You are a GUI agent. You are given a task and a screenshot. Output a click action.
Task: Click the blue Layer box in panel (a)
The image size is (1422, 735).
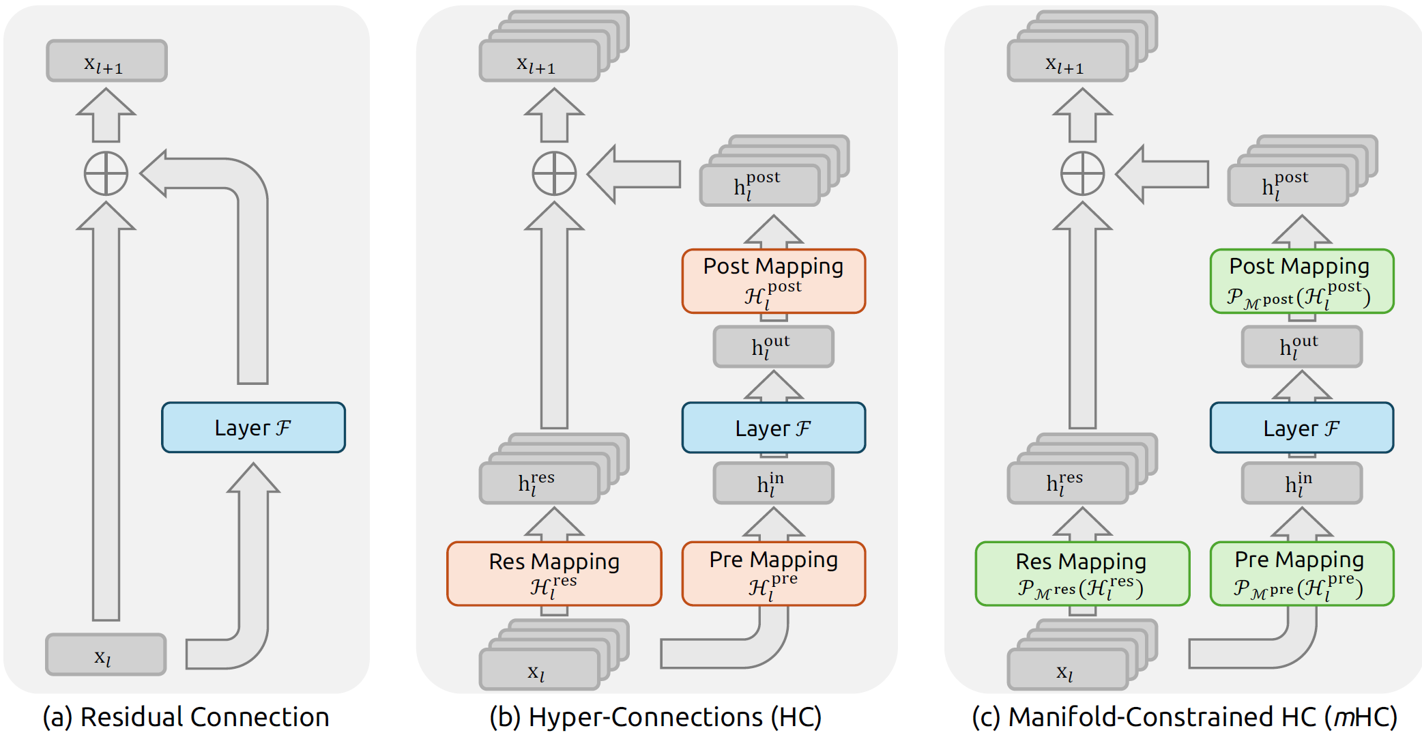coord(253,427)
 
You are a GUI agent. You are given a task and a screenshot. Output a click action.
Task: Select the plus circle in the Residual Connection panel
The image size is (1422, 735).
coord(106,173)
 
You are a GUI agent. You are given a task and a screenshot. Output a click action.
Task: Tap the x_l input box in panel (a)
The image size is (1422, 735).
coord(106,655)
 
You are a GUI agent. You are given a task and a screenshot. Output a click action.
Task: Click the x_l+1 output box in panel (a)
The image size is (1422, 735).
coord(106,61)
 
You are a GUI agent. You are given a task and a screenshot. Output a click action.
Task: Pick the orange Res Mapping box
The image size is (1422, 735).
coord(554,574)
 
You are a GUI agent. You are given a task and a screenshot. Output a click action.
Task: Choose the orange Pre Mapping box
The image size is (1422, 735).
coord(773,574)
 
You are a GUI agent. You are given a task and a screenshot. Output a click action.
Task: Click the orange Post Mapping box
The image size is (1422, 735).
coord(773,281)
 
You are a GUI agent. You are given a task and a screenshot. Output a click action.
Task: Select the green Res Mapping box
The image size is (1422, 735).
coord(1082,574)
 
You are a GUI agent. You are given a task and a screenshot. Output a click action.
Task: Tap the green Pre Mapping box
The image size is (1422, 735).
coord(1301,574)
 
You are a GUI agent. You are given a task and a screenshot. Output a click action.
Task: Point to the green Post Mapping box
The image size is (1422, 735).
coord(1301,281)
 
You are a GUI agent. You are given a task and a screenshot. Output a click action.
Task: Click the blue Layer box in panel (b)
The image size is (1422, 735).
coord(773,428)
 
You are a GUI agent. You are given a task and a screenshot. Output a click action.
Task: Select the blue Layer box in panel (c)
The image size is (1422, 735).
coord(1301,428)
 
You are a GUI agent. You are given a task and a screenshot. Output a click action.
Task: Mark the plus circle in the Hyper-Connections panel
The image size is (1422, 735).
coord(554,173)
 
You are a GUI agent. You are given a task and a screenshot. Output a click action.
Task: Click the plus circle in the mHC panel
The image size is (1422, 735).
coord(1082,173)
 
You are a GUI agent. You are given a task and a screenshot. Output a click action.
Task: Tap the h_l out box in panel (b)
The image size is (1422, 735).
coord(773,347)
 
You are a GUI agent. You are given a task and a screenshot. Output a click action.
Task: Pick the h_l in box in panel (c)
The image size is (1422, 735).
coord(1301,483)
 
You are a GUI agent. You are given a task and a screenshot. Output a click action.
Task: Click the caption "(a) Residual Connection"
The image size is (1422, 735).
coord(186,717)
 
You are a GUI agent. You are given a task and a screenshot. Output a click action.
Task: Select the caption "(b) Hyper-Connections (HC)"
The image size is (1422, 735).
coord(655,717)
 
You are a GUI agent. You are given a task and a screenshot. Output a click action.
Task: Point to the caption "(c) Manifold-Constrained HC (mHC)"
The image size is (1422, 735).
coord(1184,717)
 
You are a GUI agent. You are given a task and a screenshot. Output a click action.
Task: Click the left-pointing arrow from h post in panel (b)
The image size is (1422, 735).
coord(635,174)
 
